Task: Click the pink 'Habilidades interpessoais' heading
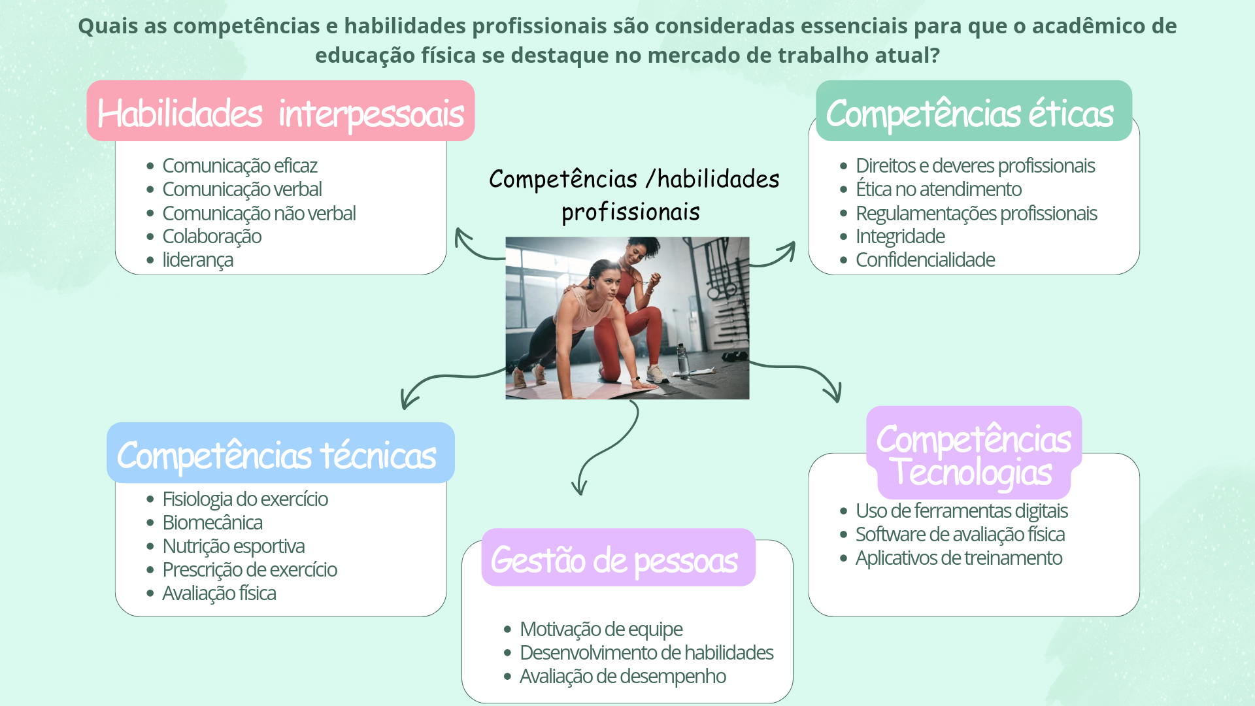pos(280,112)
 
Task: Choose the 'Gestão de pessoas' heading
pos(614,560)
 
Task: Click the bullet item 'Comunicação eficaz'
pos(239,165)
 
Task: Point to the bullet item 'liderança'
pos(197,260)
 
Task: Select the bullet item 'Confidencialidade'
pos(925,260)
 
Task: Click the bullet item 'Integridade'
pos(900,236)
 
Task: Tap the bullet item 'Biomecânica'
pos(212,522)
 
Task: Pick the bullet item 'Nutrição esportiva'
pos(233,546)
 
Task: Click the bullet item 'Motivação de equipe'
pos(601,629)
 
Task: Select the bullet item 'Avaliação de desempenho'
pos(622,676)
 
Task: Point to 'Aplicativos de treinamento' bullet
pos(958,558)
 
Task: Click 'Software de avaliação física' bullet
pos(960,534)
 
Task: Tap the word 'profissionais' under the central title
pos(631,212)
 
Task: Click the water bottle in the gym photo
pos(682,359)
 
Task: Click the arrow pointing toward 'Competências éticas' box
pos(774,256)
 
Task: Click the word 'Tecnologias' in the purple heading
pos(973,472)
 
